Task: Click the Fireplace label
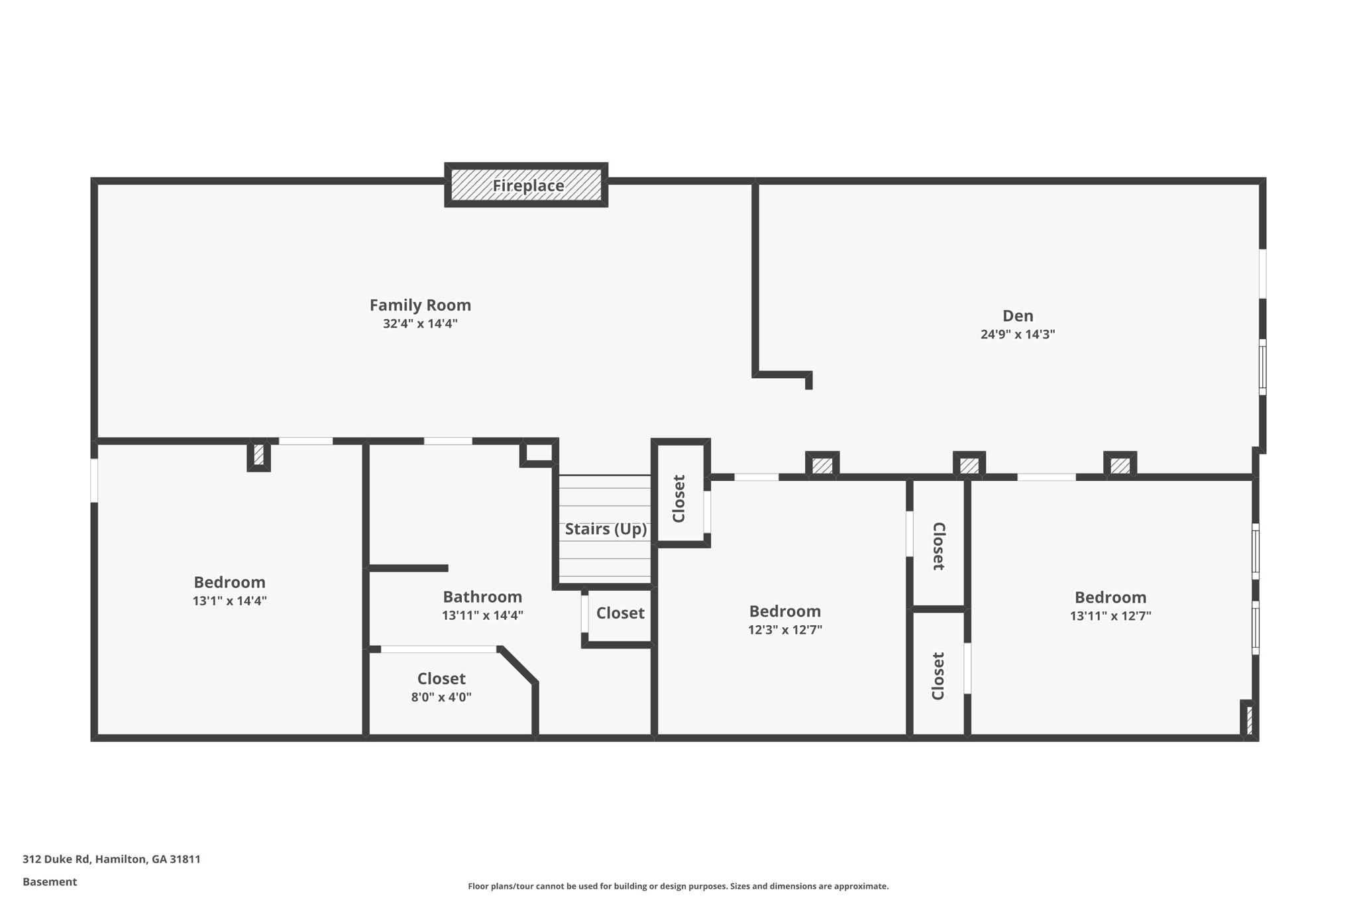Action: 528,185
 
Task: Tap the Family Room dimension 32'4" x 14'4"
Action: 420,324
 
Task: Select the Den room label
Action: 1018,316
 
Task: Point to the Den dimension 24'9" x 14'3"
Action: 1018,334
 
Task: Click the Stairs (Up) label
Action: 606,529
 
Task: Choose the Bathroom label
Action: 482,597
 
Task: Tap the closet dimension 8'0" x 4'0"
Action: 441,697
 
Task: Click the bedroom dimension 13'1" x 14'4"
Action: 229,601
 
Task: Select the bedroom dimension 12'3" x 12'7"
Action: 785,630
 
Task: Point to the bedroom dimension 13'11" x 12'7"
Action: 1111,616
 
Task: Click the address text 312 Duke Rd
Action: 56,859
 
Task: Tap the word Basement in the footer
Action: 50,881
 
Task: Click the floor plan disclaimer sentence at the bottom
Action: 678,886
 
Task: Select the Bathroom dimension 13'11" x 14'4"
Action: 482,615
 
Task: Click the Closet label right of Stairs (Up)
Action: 678,499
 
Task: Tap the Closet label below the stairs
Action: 620,613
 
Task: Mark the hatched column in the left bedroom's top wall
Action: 258,455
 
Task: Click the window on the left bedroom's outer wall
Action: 94,480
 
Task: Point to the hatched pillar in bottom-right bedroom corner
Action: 1249,721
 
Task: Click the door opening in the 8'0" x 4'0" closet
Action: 439,649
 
